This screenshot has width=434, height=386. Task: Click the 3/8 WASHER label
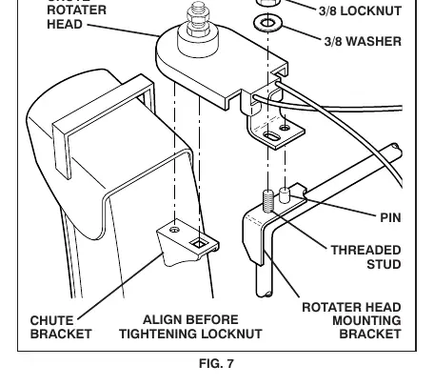pos(363,41)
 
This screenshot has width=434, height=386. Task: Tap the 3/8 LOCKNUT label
pos(360,11)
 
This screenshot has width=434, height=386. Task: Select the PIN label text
pos(390,218)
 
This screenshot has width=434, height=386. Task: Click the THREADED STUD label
pos(366,257)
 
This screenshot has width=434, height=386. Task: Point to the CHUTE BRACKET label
pos(61,327)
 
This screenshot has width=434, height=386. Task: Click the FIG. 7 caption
pos(216,363)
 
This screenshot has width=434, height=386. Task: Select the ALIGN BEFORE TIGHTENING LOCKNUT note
pos(190,327)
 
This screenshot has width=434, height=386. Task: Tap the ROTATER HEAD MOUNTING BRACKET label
pos(351,320)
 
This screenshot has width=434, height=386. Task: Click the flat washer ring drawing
pos(268,23)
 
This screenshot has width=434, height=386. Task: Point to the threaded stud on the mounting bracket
pos(268,201)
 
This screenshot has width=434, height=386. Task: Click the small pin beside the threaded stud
pos(285,195)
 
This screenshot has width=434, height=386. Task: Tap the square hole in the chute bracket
pos(199,244)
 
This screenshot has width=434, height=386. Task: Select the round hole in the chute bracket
pos(174,230)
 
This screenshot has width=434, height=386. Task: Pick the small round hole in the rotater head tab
pos(285,128)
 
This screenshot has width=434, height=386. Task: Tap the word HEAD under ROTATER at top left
pos(65,25)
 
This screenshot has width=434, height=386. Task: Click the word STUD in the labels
pos(384,264)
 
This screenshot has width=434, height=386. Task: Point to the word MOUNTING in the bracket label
pos(366,320)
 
